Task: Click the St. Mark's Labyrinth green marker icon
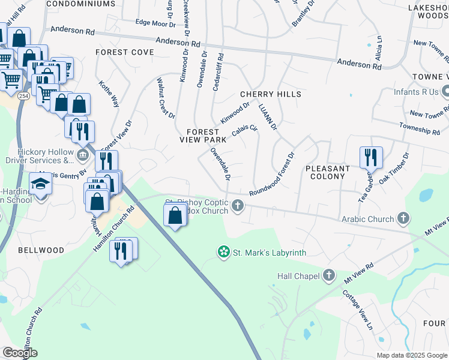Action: click(x=223, y=252)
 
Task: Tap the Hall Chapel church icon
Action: click(x=328, y=276)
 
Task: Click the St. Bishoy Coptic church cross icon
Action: click(x=238, y=206)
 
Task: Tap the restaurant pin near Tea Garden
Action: click(x=371, y=158)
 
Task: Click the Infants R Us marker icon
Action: click(x=445, y=92)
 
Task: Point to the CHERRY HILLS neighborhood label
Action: click(x=270, y=95)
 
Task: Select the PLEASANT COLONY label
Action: click(x=328, y=173)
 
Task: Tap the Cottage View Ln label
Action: click(x=358, y=309)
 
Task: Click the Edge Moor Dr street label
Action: click(x=155, y=23)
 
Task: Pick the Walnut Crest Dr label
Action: click(x=166, y=97)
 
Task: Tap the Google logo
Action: click(x=20, y=353)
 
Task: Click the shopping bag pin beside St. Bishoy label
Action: click(x=175, y=215)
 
